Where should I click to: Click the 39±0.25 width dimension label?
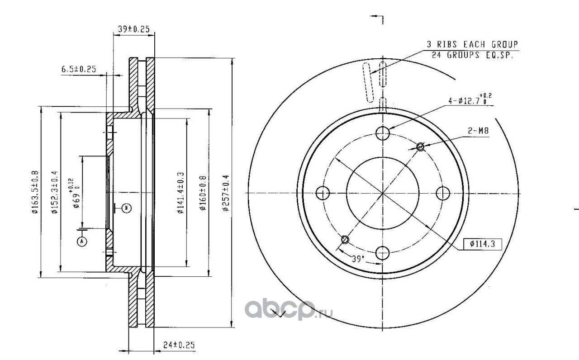(133, 29)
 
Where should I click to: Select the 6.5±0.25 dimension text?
(79, 69)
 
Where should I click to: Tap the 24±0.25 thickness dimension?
(179, 345)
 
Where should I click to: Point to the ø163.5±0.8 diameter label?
(35, 192)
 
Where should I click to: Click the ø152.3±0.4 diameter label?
(55, 192)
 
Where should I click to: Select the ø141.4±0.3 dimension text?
(180, 193)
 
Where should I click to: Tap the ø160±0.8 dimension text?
(203, 193)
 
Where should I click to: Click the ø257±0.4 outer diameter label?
(226, 193)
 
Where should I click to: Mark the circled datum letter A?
(82, 242)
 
